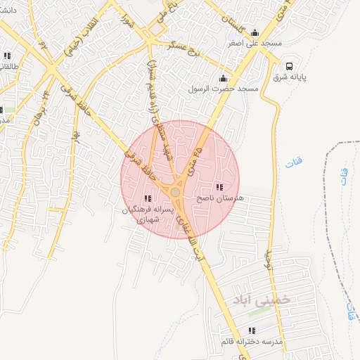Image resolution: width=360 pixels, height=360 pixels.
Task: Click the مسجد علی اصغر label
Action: [253, 43]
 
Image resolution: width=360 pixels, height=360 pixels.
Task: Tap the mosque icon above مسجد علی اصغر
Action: [255, 32]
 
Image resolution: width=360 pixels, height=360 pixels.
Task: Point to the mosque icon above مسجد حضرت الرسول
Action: [224, 77]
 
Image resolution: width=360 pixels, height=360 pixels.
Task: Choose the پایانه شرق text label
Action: [289, 77]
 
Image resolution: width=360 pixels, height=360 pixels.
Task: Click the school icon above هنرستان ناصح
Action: [219, 188]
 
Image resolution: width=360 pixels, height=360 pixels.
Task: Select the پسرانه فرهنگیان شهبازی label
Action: [147, 215]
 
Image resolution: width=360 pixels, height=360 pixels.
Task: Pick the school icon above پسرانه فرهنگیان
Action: [147, 199]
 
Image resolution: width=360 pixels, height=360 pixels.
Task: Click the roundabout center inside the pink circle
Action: [175, 192]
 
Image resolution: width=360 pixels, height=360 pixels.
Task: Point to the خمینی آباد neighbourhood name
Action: [285, 299]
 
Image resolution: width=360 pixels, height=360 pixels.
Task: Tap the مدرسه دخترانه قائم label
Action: [251, 342]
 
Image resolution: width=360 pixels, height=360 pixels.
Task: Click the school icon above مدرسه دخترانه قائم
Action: [251, 330]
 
